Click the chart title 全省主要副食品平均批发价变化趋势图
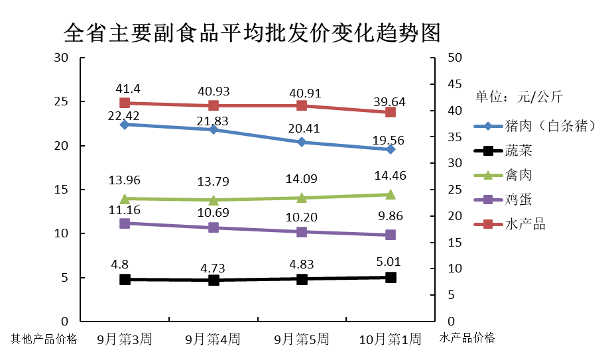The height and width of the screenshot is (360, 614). click(252, 32)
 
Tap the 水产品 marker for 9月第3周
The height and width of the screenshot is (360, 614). click(125, 103)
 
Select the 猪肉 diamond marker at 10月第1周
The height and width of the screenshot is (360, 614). click(391, 149)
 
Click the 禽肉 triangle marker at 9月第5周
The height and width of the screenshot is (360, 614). click(302, 198)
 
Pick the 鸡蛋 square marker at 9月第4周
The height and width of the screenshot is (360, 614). click(214, 227)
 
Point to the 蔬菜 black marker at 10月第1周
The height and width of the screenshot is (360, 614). click(391, 277)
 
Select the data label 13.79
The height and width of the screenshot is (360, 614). click(214, 181)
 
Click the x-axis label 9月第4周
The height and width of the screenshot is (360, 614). click(213, 339)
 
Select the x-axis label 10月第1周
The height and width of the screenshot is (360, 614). click(390, 339)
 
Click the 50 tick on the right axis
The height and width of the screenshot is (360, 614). click(455, 58)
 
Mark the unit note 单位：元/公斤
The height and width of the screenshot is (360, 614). click(519, 97)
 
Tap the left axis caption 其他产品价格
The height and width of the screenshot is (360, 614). click(44, 339)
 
